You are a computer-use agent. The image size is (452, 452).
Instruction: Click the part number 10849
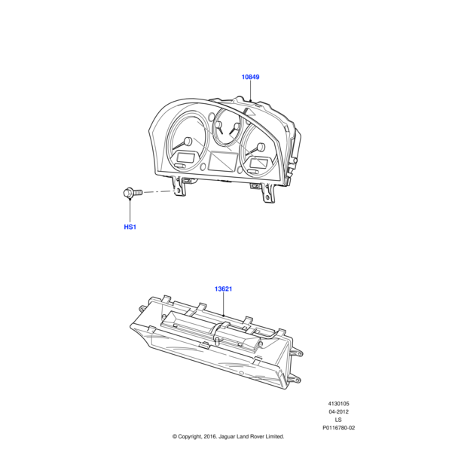pyautogui.click(x=251, y=77)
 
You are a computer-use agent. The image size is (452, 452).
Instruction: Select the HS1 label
pyautogui.click(x=130, y=227)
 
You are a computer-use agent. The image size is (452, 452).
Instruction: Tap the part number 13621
pyautogui.click(x=224, y=289)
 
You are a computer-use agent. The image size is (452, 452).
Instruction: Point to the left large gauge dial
pyautogui.click(x=184, y=140)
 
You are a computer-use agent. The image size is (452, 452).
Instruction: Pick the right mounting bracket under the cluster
pyautogui.click(x=265, y=193)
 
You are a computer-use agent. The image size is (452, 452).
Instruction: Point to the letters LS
pyautogui.click(x=338, y=420)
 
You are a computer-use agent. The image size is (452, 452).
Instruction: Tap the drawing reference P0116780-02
pyautogui.click(x=338, y=428)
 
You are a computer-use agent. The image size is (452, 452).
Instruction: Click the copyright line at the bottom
pyautogui.click(x=228, y=436)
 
